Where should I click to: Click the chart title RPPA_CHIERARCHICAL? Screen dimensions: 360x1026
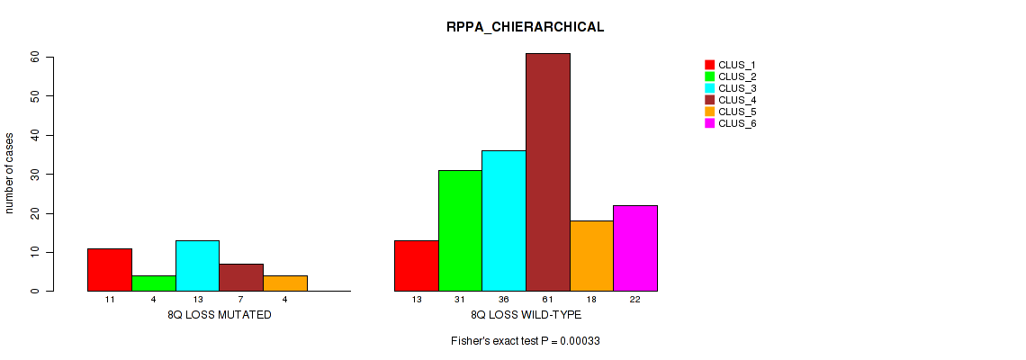coord(525,27)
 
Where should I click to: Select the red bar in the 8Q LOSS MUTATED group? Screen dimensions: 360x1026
coord(110,269)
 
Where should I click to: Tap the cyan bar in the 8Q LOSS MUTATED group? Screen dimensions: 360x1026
coord(197,265)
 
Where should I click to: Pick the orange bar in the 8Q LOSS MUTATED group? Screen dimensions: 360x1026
coord(285,283)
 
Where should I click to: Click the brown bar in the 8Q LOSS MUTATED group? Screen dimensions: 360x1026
coord(241,277)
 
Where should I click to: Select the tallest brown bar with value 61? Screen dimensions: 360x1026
coord(547,172)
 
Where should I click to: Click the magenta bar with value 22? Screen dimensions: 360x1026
coord(635,247)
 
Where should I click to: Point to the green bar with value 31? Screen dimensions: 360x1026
coord(460,230)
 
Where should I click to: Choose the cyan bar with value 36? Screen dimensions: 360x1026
coord(504,220)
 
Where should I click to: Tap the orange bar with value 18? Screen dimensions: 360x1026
coord(591,256)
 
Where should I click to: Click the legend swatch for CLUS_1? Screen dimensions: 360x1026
coord(709,65)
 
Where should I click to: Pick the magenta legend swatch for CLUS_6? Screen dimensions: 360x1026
coord(709,123)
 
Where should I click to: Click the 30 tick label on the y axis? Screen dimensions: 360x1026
coord(35,174)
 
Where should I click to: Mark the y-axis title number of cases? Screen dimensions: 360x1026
coord(10,174)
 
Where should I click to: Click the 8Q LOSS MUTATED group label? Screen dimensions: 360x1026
coord(219,315)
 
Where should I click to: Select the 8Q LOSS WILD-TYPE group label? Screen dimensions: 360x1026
coord(526,315)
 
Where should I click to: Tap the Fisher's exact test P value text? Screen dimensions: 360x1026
coord(526,342)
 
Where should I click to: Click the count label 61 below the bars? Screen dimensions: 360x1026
coord(547,299)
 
